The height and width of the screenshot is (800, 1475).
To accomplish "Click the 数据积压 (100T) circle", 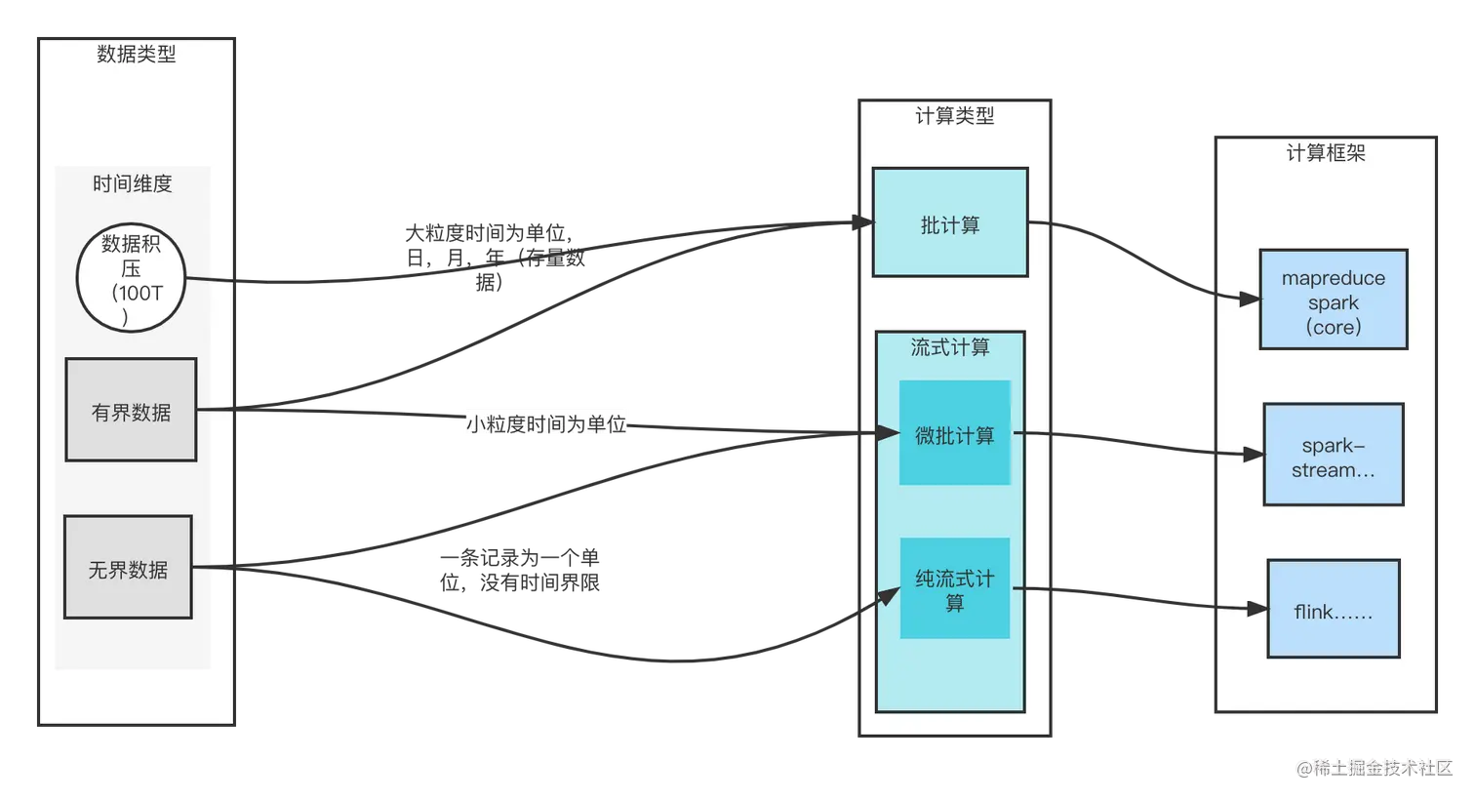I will pos(131,278).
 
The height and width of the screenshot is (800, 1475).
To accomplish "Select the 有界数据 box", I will pos(131,410).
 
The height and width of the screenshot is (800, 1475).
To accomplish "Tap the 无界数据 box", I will pos(128,567).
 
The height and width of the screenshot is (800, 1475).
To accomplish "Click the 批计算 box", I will pos(949,222).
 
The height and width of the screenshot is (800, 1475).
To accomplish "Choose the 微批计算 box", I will pos(954,433).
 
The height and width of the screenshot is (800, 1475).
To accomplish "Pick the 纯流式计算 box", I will pos(954,588).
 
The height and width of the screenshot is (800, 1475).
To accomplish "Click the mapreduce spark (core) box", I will pos(1333,300).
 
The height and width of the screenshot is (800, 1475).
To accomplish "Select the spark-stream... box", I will pos(1333,455).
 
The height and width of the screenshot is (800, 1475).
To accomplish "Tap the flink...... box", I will pos(1333,611).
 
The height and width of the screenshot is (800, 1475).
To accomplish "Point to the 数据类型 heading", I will pos(137,55).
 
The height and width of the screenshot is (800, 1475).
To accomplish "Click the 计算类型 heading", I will pos(954,116).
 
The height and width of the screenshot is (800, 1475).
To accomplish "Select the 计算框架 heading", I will pos(1325,153).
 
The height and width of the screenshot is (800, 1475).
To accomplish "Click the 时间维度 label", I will pos(133,183).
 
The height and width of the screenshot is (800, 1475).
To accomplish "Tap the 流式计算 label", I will pos(949,347).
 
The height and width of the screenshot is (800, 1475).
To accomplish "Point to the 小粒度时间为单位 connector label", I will pos(546,423).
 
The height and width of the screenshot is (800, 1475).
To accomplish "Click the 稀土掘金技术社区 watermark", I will pos(1373,767).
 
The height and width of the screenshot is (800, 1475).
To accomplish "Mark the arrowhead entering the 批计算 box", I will pos(865,222).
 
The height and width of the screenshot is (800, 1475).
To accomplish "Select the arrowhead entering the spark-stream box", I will pos(1254,454).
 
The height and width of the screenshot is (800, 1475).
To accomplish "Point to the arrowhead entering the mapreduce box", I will pos(1250,300).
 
